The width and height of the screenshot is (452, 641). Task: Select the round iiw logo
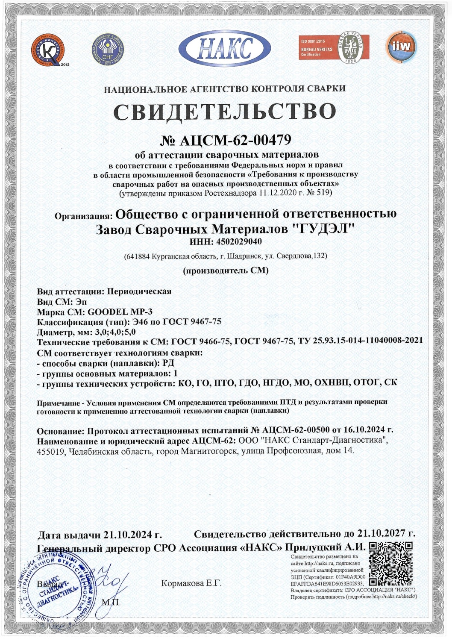[x=401, y=47]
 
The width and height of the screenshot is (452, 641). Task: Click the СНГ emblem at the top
[x=107, y=50]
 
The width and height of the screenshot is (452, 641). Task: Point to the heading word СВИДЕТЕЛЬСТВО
[x=225, y=112]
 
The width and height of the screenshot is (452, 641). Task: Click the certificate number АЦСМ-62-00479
[x=235, y=140]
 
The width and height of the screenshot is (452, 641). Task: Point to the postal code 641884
[x=138, y=256]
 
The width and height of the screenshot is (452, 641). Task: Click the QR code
[x=390, y=564]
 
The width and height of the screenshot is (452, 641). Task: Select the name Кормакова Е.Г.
[x=191, y=583]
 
